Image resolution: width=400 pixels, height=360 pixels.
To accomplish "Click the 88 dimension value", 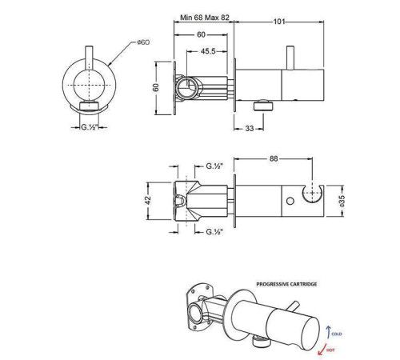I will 275,160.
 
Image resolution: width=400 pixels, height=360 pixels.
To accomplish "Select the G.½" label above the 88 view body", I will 214,166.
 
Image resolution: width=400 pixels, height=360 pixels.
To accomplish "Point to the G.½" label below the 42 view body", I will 213,232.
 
